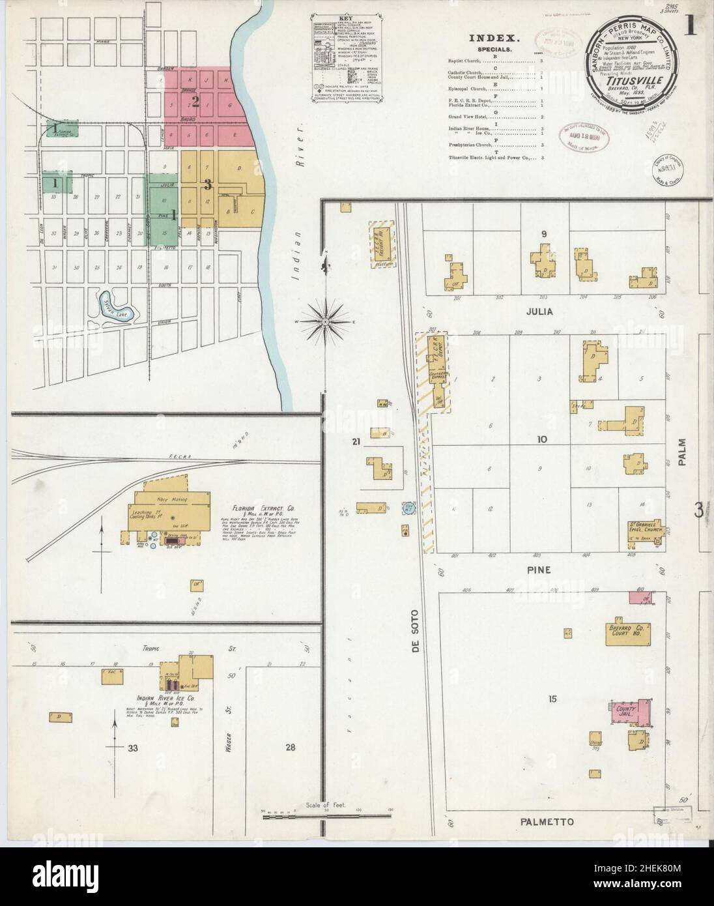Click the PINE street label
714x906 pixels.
539,570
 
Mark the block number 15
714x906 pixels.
552,699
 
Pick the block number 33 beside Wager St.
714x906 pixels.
134,747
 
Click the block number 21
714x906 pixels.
355,443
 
